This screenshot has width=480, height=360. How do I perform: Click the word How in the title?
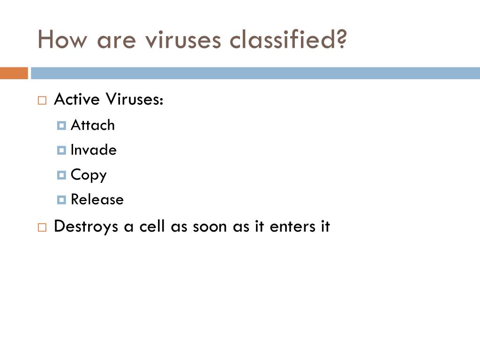pyautogui.click(x=62, y=39)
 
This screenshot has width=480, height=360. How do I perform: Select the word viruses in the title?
pyautogui.click(x=183, y=39)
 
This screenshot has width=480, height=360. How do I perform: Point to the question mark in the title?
pyautogui.click(x=341, y=38)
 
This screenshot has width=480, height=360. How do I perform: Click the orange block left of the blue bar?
pyautogui.click(x=14, y=73)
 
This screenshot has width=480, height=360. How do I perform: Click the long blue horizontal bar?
pyautogui.click(x=255, y=73)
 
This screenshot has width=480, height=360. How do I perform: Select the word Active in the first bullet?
pyautogui.click(x=77, y=99)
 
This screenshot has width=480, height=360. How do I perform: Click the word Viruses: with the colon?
pyautogui.click(x=135, y=99)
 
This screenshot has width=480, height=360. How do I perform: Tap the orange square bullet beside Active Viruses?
pyautogui.click(x=42, y=100)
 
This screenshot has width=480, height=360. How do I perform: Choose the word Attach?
pyautogui.click(x=93, y=125)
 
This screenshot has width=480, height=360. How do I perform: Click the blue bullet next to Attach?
pyautogui.click(x=61, y=126)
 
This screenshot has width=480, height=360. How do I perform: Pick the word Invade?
pyautogui.click(x=94, y=150)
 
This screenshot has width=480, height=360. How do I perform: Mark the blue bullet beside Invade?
pyautogui.click(x=61, y=150)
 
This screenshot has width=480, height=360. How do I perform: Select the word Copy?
pyautogui.click(x=89, y=175)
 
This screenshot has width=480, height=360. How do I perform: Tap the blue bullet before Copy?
pyautogui.click(x=61, y=175)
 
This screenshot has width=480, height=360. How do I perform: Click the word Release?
pyautogui.click(x=97, y=200)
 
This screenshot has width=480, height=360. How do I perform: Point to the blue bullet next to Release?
pyautogui.click(x=61, y=200)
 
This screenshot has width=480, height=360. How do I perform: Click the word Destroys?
pyautogui.click(x=86, y=227)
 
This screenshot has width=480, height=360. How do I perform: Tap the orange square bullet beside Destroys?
pyautogui.click(x=42, y=227)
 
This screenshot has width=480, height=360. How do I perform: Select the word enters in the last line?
pyautogui.click(x=292, y=227)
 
